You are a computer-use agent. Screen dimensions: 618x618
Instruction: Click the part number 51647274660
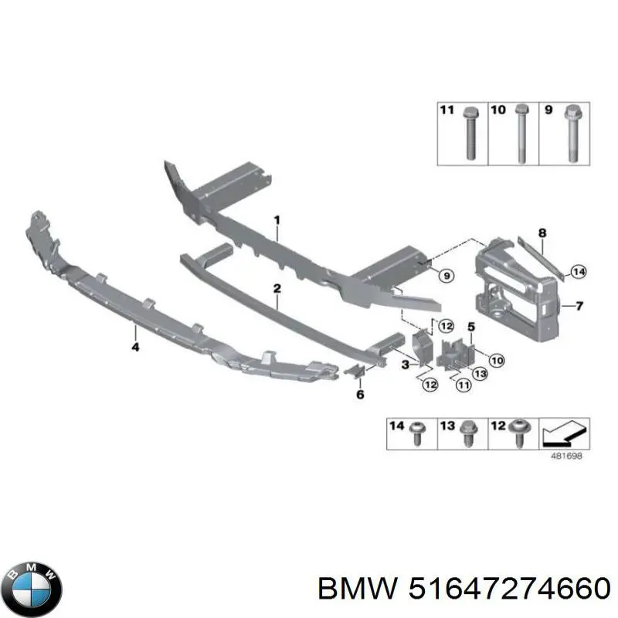510,591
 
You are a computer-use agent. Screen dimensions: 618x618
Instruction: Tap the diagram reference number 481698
566,456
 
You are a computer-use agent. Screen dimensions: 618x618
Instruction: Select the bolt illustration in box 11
471,133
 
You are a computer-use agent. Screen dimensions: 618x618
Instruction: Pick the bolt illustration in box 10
521,133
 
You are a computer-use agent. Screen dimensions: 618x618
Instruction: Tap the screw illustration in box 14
418,433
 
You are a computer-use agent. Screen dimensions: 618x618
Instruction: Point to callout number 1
277,219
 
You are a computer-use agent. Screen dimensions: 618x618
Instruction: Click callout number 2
277,288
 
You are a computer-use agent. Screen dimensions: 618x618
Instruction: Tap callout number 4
135,347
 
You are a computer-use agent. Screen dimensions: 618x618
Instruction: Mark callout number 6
360,394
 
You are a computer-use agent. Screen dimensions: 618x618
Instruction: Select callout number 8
542,233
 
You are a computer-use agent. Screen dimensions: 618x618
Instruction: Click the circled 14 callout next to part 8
578,272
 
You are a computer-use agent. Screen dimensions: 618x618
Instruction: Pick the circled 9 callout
447,276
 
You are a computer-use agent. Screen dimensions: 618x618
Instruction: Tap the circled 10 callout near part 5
497,360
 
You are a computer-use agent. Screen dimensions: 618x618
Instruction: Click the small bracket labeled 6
355,370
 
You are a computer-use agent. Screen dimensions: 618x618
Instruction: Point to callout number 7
579,305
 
